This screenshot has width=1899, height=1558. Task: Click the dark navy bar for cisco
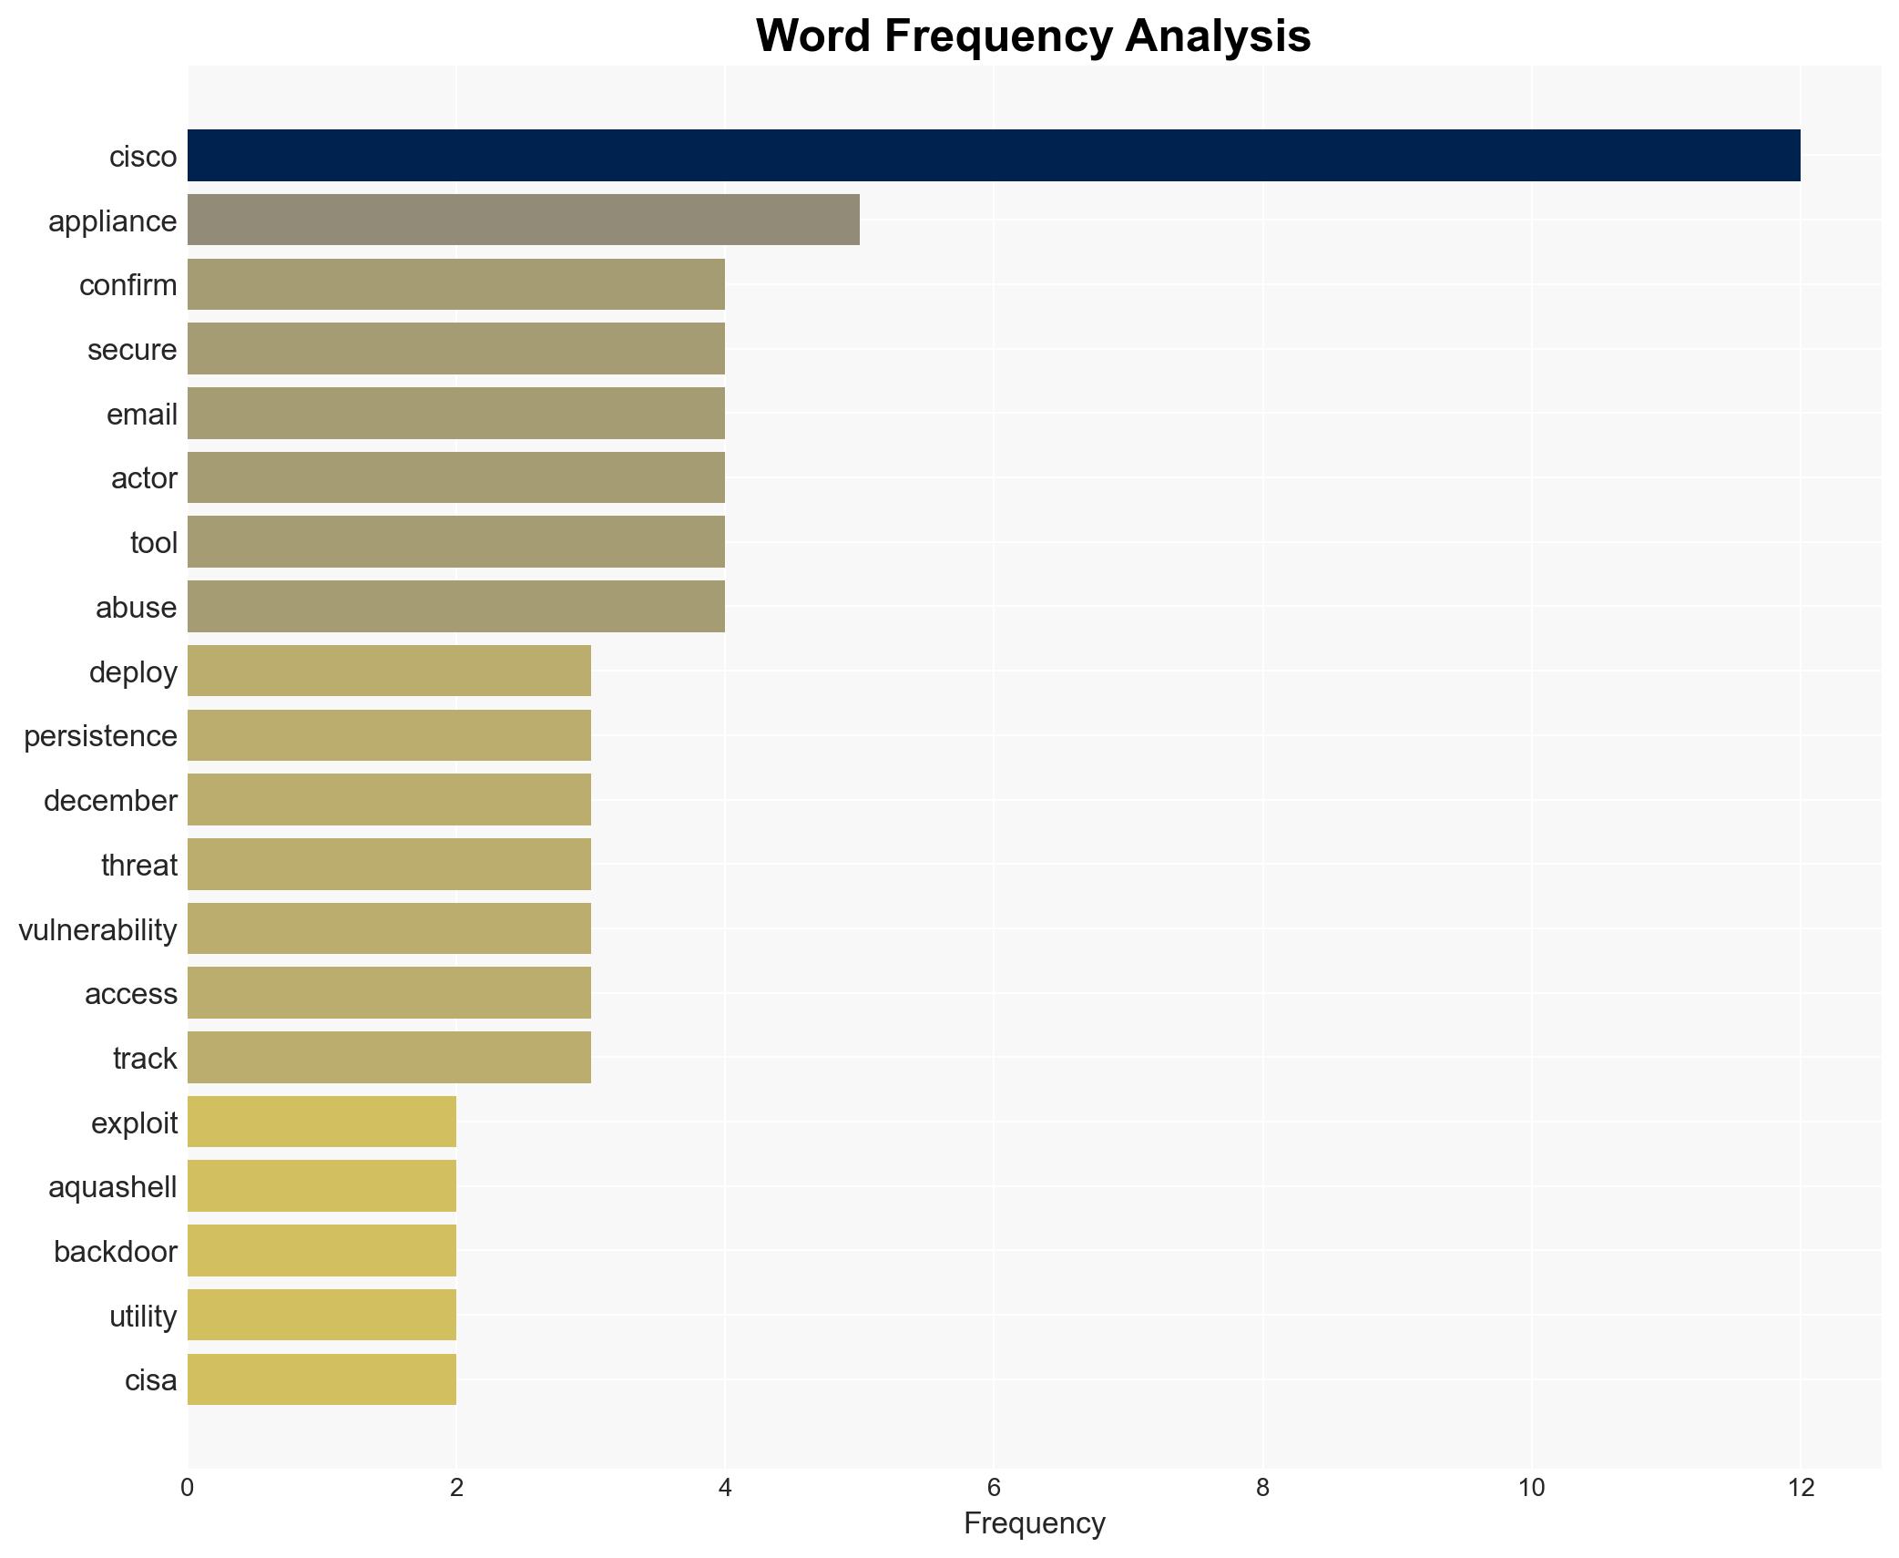tap(993, 156)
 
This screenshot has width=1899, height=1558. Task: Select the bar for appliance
tap(524, 220)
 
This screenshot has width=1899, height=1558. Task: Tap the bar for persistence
tap(389, 735)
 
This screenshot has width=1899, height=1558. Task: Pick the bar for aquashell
tap(322, 1186)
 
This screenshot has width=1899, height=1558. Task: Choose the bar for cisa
tap(322, 1379)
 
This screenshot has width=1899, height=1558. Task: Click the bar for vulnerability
tap(389, 928)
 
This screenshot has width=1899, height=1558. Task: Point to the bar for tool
tap(455, 542)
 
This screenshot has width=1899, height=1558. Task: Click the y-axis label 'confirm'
tap(128, 285)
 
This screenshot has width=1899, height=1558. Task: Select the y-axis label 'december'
tap(110, 801)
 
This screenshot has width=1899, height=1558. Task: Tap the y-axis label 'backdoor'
tap(115, 1252)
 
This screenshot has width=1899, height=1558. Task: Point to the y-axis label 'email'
tap(141, 415)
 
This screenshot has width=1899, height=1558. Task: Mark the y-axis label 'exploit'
tap(134, 1123)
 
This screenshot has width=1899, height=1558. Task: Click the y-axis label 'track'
tap(145, 1059)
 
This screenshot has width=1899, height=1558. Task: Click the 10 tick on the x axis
tap(1531, 1488)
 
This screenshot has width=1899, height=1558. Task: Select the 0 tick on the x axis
tap(188, 1488)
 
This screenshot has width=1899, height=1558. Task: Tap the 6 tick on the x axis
tap(994, 1488)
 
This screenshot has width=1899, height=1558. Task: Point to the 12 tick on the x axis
tap(1800, 1488)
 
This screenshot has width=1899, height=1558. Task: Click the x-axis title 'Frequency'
tap(1034, 1523)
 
